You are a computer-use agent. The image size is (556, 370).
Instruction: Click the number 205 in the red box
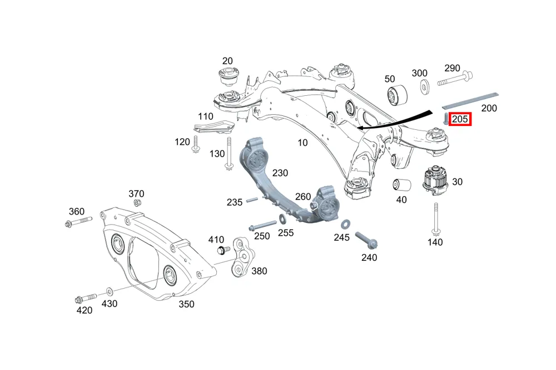click(x=460, y=119)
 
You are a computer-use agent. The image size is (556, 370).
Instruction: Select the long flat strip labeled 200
click(x=470, y=101)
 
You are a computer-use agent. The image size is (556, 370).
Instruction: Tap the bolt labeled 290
click(x=455, y=79)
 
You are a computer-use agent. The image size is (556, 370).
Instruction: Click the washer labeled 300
click(x=424, y=87)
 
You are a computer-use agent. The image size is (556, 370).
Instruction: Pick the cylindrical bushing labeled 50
click(x=396, y=95)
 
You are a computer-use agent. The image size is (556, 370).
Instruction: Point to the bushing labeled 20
click(x=227, y=76)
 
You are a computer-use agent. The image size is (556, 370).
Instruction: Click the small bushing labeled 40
click(x=402, y=185)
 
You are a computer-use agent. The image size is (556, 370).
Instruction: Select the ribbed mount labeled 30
click(x=435, y=180)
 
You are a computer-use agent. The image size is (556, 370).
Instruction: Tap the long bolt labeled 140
click(x=436, y=219)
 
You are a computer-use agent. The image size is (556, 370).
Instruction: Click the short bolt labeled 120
click(x=195, y=145)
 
